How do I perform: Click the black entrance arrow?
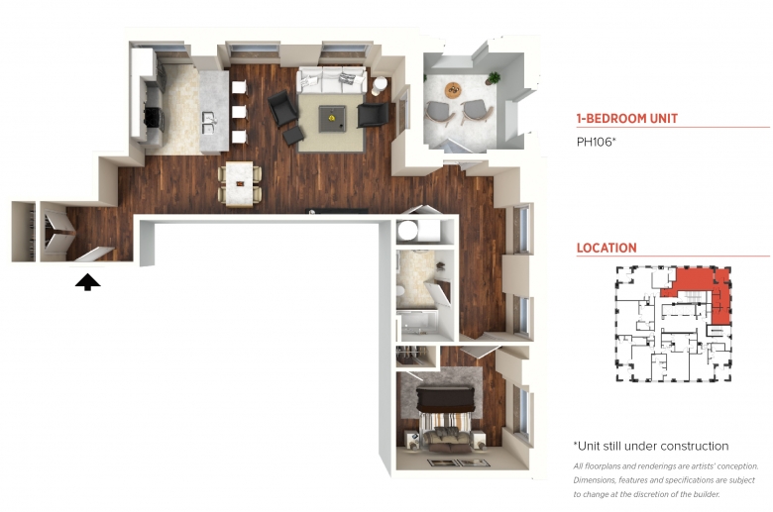click(x=88, y=282)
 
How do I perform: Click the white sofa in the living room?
click(x=331, y=80)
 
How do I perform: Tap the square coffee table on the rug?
click(x=332, y=119)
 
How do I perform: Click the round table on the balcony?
click(x=453, y=90)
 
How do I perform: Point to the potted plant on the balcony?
click(x=492, y=78)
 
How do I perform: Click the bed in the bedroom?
click(x=446, y=418)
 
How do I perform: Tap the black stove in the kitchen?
click(x=154, y=119)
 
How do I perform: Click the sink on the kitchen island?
click(x=208, y=122)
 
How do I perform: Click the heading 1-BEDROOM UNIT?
click(x=627, y=118)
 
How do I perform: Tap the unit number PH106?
click(x=595, y=142)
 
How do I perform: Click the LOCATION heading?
click(x=607, y=248)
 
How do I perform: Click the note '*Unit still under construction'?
click(x=651, y=446)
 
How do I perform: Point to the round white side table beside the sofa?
click(x=380, y=86)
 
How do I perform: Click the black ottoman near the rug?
click(x=293, y=136)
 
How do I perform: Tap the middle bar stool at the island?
click(x=239, y=111)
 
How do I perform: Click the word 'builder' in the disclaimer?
click(x=705, y=494)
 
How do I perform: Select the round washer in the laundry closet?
click(x=408, y=231)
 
